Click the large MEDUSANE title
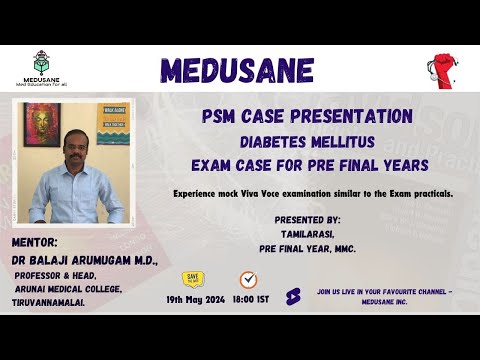(x=237, y=70)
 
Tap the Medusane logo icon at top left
(x=41, y=60)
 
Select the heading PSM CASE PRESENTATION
(x=306, y=114)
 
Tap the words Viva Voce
(x=307, y=190)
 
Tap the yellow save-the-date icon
(x=194, y=279)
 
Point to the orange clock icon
(x=248, y=279)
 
